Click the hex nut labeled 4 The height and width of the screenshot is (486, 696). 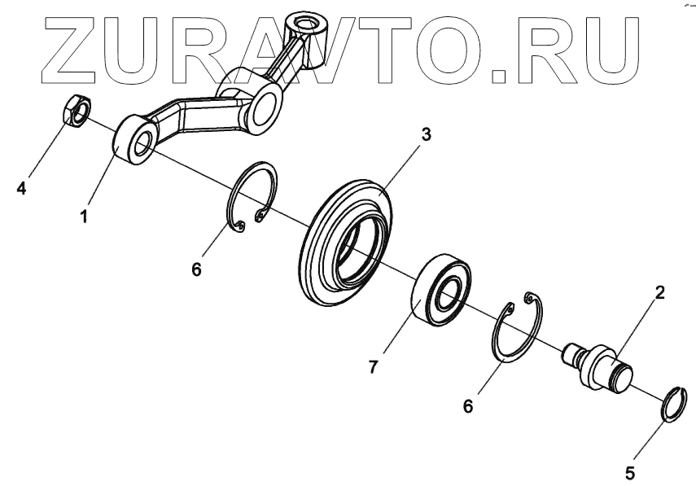pos(76,111)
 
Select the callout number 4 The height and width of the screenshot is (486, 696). pos(22,189)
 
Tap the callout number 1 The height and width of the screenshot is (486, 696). pos(84,217)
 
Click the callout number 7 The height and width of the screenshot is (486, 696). pos(373,366)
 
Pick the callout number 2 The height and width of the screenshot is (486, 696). pos(659,293)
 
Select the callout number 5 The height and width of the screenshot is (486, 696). pos(628,471)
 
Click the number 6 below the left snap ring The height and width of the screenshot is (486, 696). pos(196,269)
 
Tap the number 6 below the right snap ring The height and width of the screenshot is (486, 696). pos(468,405)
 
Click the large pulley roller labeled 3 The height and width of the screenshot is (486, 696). pos(346,244)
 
